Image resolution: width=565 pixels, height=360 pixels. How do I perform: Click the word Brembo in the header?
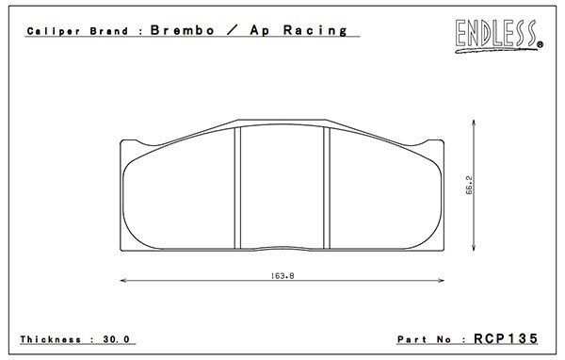click(183, 30)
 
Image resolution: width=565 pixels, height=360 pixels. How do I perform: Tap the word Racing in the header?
click(315, 31)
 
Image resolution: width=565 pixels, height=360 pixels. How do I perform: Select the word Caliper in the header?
click(54, 31)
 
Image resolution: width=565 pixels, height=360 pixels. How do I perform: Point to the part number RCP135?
click(506, 338)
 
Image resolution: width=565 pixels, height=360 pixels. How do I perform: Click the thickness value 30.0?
click(116, 339)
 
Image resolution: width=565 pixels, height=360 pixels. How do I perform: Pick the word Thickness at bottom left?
click(51, 339)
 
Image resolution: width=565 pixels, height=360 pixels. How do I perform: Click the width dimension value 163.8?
click(282, 276)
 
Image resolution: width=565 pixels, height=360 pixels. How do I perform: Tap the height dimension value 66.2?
click(469, 185)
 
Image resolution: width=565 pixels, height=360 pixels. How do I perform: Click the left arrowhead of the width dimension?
click(123, 280)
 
